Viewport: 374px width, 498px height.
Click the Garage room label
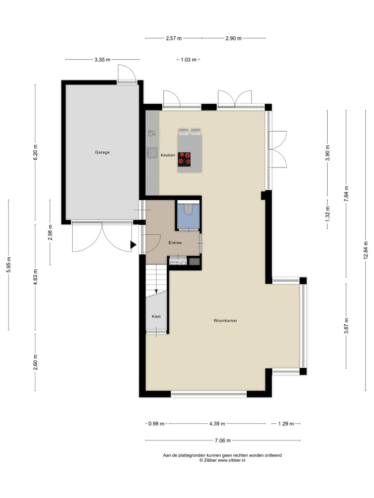tap(102, 153)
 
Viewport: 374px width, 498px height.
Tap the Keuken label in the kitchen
tap(168, 155)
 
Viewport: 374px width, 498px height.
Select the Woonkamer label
tap(225, 321)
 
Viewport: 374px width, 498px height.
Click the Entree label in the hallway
tap(175, 243)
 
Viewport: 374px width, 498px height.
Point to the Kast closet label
tap(156, 316)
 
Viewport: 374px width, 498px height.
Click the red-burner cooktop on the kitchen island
tap(184, 158)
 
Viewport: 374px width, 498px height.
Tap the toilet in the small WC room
tap(188, 209)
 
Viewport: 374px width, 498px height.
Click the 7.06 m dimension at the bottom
tap(223, 441)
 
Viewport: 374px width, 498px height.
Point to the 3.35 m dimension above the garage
tap(102, 60)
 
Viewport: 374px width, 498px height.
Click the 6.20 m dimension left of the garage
tap(35, 152)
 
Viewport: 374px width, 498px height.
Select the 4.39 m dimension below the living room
tap(217, 424)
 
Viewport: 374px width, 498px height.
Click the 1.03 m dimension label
tap(188, 60)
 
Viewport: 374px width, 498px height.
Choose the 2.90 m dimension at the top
tap(233, 38)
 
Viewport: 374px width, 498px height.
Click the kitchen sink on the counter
tap(153, 153)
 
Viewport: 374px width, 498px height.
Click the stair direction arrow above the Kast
tap(156, 291)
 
